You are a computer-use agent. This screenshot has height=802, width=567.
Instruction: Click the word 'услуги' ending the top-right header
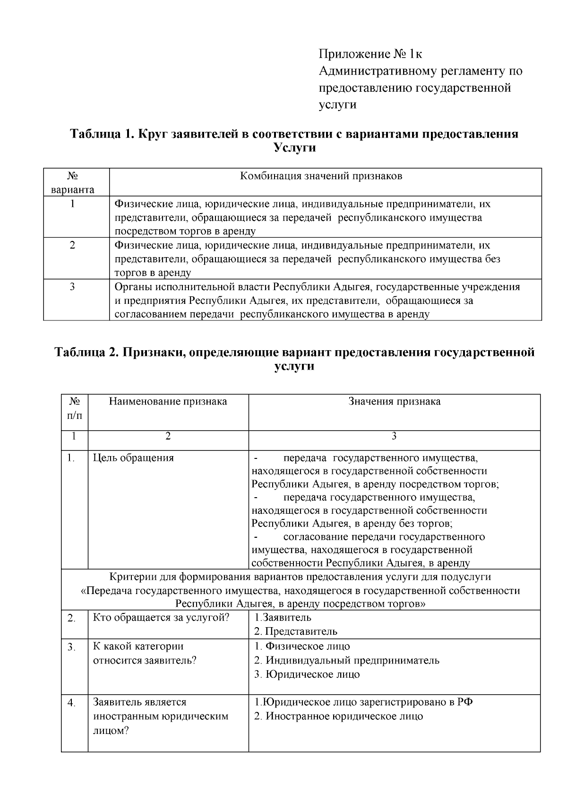337,105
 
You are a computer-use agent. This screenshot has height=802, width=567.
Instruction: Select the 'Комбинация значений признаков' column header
321,176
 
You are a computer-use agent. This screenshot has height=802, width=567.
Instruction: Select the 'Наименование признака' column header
168,402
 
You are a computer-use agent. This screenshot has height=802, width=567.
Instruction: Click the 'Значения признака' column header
394,402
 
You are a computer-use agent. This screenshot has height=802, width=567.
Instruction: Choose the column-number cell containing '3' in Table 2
394,437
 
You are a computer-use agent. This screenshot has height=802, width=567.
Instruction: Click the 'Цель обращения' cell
133,458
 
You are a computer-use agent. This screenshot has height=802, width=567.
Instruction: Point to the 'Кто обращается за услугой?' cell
161,618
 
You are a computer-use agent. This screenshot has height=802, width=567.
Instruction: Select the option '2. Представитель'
296,631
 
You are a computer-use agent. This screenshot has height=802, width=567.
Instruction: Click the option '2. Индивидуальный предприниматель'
346,660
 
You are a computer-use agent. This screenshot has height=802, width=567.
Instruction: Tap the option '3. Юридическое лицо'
307,674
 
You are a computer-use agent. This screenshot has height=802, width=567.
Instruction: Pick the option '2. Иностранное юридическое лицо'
338,716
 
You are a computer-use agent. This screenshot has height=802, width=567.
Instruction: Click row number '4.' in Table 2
72,703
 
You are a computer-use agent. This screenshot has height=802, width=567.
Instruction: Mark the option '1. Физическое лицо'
302,646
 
